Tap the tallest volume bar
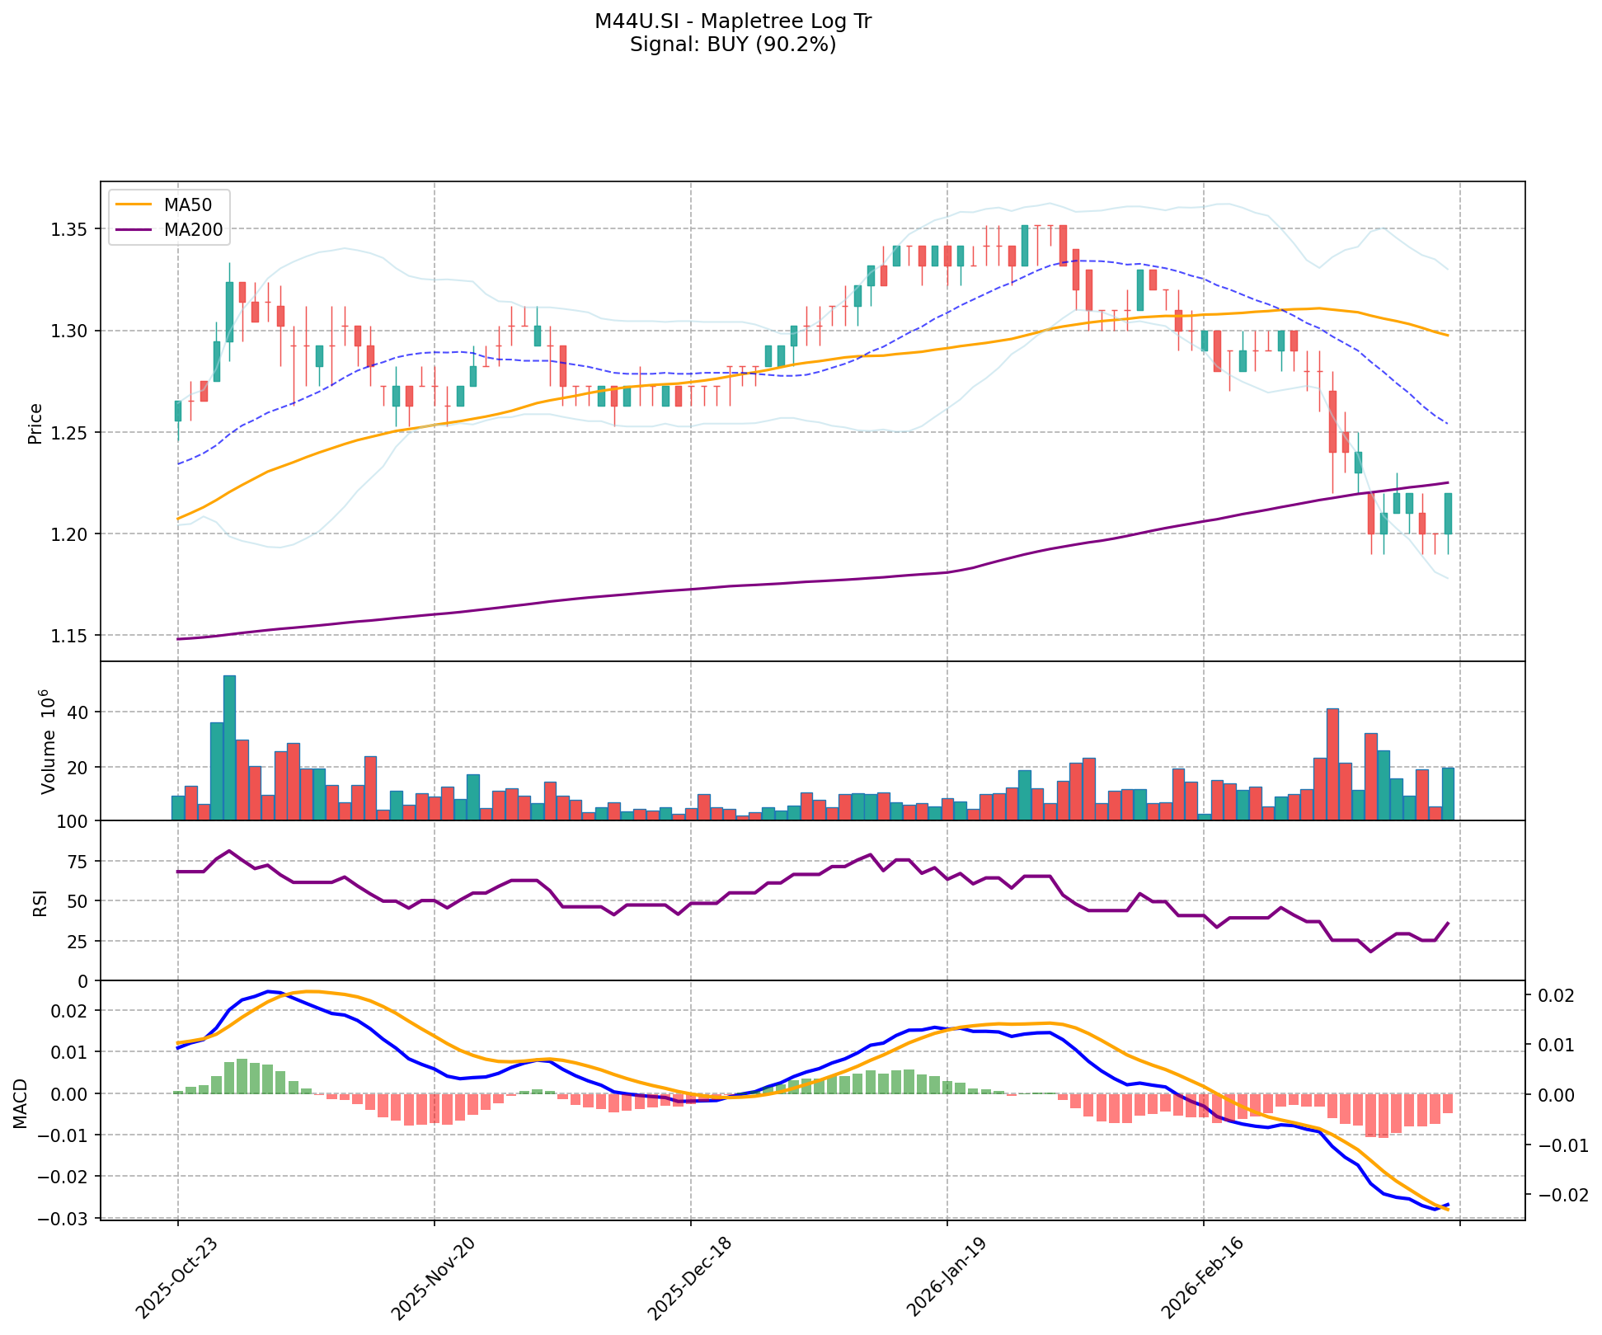click(x=229, y=747)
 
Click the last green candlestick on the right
click(x=1448, y=514)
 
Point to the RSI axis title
click(x=39, y=900)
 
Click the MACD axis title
click(x=21, y=1102)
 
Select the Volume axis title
click(x=47, y=741)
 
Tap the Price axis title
click(x=35, y=423)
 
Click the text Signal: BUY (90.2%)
click(x=732, y=45)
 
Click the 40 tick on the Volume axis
click(x=78, y=712)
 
